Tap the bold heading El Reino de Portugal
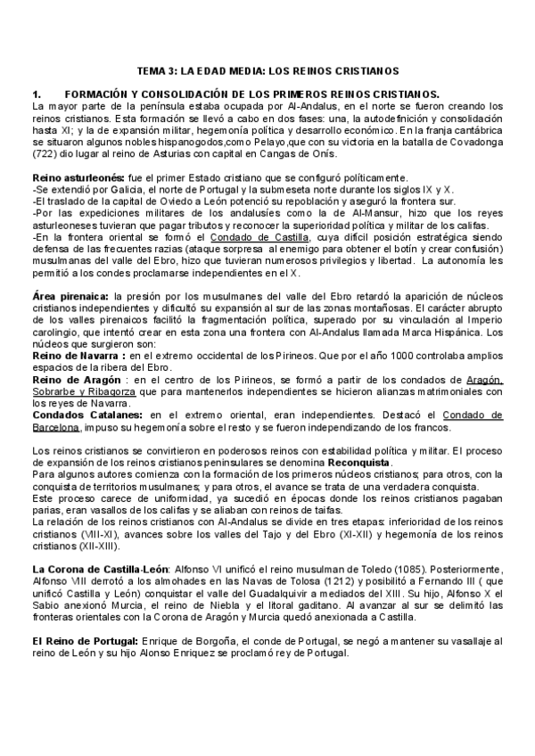pyautogui.click(x=85, y=641)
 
